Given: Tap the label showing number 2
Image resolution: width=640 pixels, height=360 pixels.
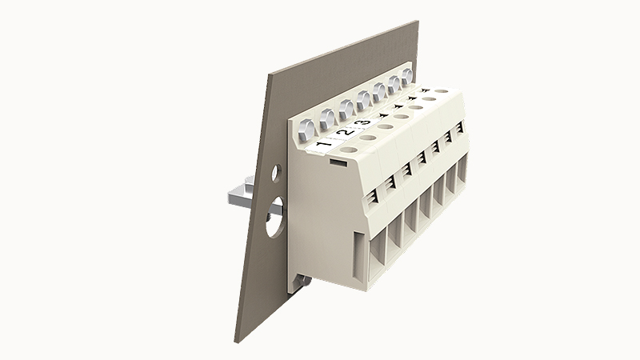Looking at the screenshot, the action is click(346, 131).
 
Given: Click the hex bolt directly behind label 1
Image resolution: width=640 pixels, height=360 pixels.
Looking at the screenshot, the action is click(306, 130).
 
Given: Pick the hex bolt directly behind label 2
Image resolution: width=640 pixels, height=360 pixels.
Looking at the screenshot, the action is click(328, 118).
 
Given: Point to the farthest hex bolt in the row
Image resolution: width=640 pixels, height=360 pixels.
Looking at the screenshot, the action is click(407, 77).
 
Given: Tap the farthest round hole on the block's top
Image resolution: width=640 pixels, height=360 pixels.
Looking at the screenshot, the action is click(440, 91).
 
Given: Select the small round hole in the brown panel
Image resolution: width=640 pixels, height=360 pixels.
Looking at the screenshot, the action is click(276, 173).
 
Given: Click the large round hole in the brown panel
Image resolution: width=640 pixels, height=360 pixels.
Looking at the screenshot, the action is click(274, 217).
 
